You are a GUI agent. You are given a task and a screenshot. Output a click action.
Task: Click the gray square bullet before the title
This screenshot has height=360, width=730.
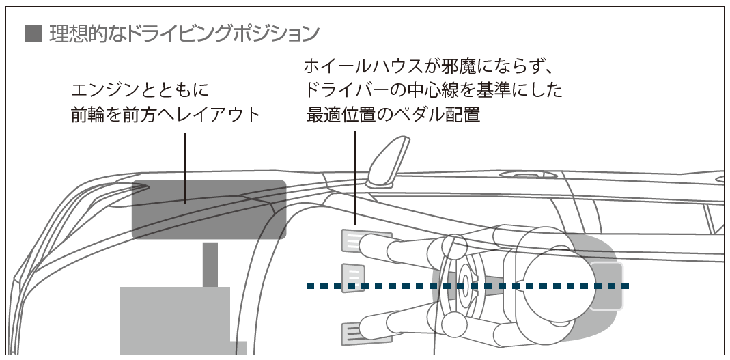(33, 33)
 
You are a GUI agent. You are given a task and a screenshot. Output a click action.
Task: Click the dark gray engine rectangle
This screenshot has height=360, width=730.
(209, 210)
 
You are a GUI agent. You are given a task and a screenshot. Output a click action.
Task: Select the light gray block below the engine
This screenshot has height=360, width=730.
(175, 320)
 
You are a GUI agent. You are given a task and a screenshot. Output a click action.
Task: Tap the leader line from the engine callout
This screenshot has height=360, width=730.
(185, 169)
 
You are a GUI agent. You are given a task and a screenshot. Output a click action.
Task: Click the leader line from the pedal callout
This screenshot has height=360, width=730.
(355, 178)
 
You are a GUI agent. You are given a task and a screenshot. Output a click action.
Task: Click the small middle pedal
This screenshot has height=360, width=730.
(353, 278)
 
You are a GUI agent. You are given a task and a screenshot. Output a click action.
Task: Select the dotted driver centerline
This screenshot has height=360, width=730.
(467, 286)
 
